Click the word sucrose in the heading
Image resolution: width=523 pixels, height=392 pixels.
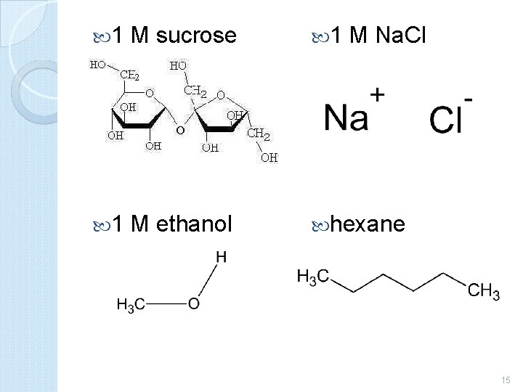click(x=196, y=34)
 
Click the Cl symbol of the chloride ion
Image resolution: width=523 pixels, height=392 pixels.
click(x=445, y=121)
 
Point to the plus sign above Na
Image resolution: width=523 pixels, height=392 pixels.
click(x=378, y=94)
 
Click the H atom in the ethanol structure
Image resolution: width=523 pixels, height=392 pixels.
click(x=221, y=257)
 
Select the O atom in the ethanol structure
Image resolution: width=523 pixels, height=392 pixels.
click(x=193, y=303)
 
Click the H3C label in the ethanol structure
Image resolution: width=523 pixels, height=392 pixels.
click(x=131, y=304)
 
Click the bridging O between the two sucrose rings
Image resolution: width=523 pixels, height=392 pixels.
click(x=178, y=131)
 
